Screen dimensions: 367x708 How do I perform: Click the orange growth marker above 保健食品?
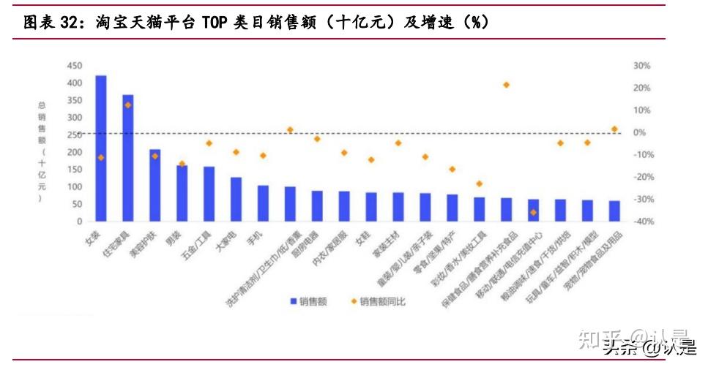pos(506,85)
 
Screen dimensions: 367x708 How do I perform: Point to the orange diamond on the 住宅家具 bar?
pos(127,105)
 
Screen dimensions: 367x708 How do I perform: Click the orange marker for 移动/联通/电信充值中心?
pos(533,212)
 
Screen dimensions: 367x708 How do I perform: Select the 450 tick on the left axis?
pos(75,66)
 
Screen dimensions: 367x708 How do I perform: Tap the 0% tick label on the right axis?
pos(639,132)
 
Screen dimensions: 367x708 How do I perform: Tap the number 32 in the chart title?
pos(69,23)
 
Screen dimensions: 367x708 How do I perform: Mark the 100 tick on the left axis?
pos(75,187)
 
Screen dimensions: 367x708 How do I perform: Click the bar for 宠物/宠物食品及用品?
pos(614,211)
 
